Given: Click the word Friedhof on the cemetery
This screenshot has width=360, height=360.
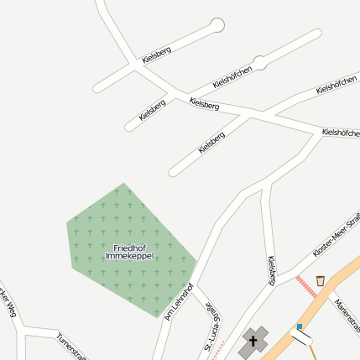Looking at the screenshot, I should click(130, 247).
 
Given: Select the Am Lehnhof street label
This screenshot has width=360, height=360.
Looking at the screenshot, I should click(180, 301).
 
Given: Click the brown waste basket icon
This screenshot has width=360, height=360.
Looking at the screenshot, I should click(320, 280).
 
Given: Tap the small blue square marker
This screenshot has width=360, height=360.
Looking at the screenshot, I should click(300, 326).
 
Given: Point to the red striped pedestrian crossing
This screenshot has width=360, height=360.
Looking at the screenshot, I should click(308, 286).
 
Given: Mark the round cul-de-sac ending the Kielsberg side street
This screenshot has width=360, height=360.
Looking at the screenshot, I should click(217, 24).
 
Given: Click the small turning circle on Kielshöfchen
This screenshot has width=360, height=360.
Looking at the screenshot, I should click(260, 62).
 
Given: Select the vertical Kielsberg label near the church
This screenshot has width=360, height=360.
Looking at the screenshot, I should click(271, 270).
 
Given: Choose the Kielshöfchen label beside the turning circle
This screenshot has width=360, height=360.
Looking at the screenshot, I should click(232, 76).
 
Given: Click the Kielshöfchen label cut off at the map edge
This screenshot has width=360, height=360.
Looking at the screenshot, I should click(341, 132).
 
